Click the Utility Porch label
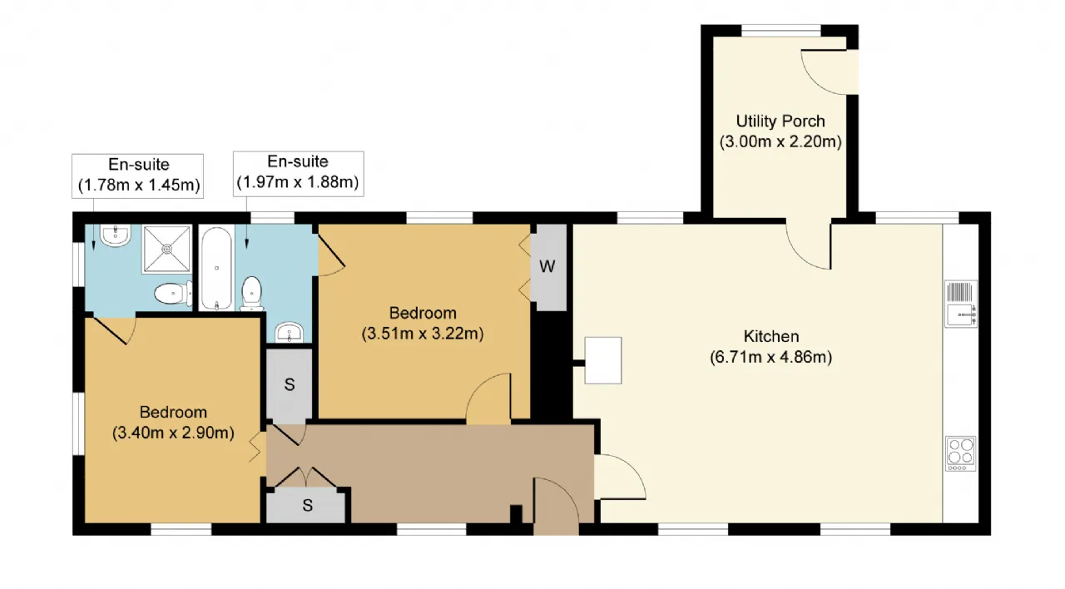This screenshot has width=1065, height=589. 780,121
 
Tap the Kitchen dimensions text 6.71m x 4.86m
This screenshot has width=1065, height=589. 770,357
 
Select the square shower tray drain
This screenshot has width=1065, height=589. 167,249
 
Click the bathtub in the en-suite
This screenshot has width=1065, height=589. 216,268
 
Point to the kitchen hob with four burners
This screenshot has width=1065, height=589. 960,453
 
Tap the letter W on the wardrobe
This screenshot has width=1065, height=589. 547,266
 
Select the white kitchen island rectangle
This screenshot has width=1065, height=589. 603,360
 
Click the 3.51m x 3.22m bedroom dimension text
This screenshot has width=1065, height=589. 422,334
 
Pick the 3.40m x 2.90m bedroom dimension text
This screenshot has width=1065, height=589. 173,433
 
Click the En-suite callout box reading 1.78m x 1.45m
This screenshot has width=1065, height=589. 138,176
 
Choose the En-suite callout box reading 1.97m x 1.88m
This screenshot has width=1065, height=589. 298,174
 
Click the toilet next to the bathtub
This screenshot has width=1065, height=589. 251,294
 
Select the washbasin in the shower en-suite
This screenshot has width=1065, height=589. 116,235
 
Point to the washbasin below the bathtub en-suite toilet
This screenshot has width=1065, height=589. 289,332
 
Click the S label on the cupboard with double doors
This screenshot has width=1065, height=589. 308,505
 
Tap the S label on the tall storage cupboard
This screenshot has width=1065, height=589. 290,384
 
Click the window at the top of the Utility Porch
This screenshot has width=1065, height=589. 781,31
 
